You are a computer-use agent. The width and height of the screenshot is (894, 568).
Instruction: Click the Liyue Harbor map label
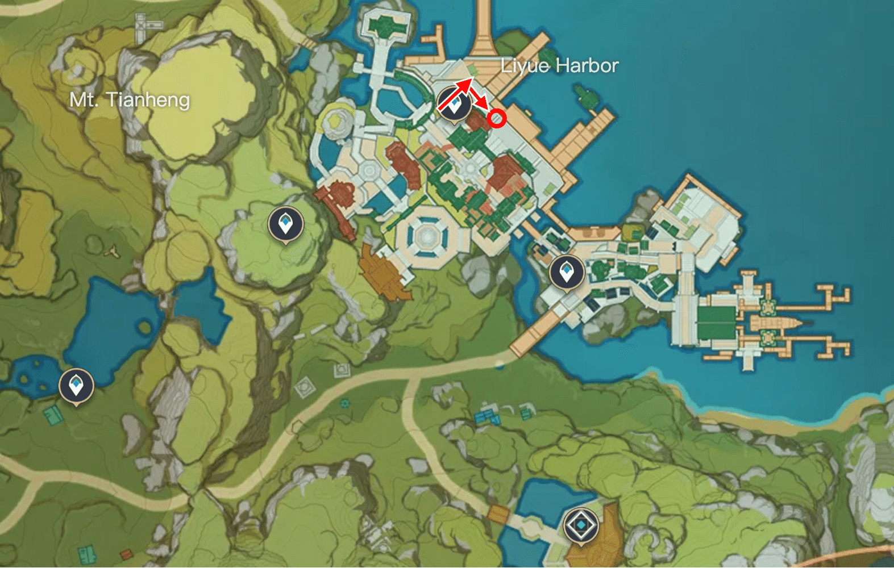(x=559, y=66)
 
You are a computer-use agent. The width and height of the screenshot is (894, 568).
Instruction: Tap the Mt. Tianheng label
(x=130, y=100)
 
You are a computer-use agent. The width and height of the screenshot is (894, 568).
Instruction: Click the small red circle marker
(x=497, y=118)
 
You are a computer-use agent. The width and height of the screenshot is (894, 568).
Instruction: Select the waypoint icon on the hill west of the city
(x=285, y=224)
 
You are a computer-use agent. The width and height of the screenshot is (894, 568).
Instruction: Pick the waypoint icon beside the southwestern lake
(x=76, y=386)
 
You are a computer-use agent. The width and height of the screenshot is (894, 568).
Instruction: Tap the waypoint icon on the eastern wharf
(x=567, y=273)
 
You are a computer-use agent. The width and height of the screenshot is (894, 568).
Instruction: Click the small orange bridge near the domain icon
(x=498, y=514)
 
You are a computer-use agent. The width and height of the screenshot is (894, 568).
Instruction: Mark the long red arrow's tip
(x=471, y=80)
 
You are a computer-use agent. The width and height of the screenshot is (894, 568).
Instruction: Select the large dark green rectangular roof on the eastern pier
(x=716, y=324)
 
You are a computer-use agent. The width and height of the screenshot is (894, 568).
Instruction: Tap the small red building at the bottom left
(x=126, y=554)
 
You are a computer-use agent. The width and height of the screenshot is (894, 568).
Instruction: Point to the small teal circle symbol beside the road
(x=344, y=404)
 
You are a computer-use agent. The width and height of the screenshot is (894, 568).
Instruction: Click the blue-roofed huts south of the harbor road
(x=487, y=418)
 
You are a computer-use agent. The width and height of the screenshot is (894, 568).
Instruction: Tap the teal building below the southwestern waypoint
(x=54, y=415)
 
